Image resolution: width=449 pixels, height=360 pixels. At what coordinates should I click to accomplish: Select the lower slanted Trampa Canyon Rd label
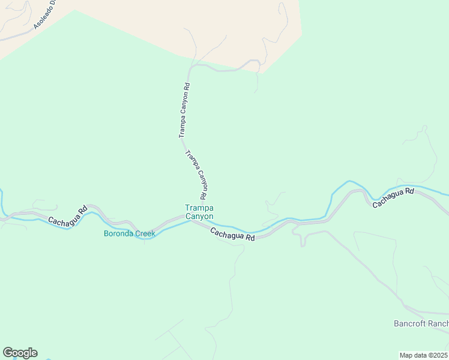click(x=196, y=175)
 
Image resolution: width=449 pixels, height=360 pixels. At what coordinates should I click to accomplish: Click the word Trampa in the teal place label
click(x=199, y=208)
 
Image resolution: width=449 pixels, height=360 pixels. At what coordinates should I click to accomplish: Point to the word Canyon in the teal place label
click(x=199, y=216)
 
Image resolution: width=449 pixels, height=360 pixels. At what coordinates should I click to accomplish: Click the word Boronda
click(x=118, y=233)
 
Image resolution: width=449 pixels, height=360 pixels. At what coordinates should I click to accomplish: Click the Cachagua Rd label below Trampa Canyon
click(x=233, y=234)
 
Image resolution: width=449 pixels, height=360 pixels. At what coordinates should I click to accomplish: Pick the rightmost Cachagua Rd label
click(x=393, y=197)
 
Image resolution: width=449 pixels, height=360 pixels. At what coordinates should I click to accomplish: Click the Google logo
click(x=20, y=353)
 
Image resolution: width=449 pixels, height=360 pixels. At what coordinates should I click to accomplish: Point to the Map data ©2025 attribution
click(x=424, y=355)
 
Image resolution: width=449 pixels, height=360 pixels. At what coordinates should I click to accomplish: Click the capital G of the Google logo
click(x=8, y=353)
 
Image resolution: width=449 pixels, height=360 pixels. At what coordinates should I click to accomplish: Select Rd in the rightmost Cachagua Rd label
click(x=409, y=191)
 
